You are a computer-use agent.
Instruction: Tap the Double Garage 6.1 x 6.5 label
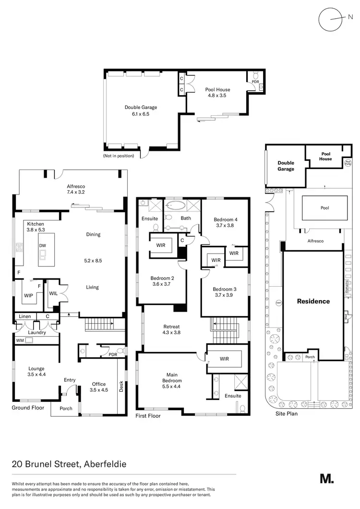click(141, 111)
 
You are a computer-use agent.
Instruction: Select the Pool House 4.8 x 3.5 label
click(217, 92)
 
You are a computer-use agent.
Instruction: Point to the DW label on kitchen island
click(44, 245)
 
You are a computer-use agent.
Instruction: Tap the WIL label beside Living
click(53, 293)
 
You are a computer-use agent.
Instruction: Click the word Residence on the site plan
click(313, 302)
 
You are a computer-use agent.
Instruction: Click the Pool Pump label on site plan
click(348, 163)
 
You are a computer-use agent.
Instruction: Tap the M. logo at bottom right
click(326, 478)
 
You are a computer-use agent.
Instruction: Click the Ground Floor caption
click(28, 408)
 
